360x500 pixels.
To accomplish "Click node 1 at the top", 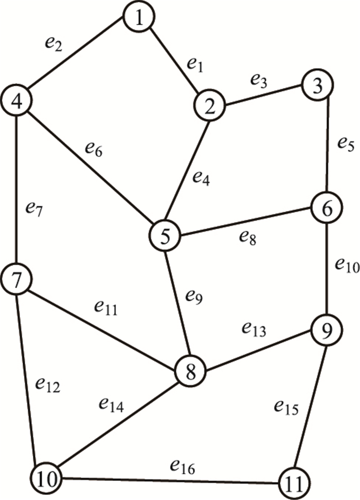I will pos(138,18).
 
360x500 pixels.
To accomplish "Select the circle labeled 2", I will pos(210,106).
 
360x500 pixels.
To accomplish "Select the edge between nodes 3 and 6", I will pos(328,146).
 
